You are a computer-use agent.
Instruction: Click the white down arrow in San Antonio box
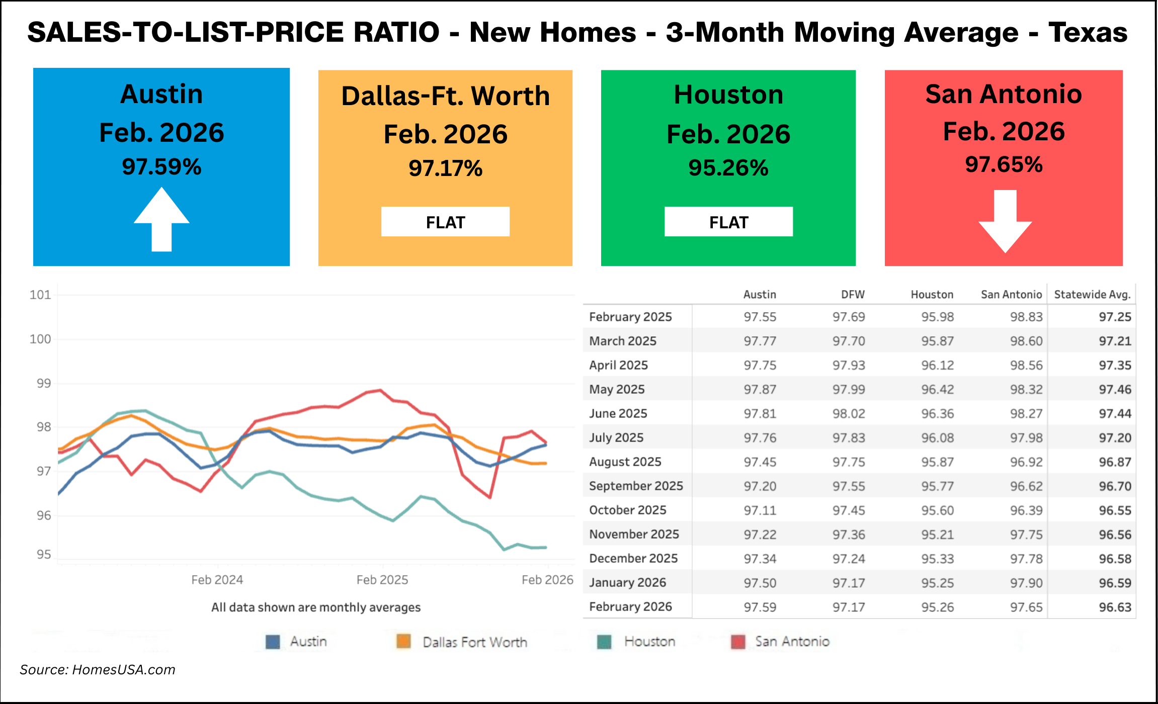(1005, 221)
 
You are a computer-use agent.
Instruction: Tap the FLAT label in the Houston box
(728, 222)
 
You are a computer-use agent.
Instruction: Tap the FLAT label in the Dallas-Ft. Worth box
(445, 222)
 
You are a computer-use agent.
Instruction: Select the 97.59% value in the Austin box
(161, 167)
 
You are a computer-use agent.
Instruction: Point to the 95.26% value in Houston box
(728, 168)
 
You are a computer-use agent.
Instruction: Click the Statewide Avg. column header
(1092, 295)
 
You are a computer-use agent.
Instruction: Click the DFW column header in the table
(853, 295)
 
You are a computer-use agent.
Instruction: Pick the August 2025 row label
(625, 462)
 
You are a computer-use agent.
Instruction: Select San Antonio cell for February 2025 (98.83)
(1026, 317)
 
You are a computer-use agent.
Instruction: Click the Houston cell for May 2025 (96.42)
(937, 389)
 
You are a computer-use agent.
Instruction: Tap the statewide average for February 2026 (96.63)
(1115, 607)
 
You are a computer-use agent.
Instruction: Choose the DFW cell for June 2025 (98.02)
(849, 413)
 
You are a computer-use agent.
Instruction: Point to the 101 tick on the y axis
(40, 295)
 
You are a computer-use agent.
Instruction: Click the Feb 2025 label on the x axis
(382, 580)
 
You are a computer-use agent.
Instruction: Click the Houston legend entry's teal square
(604, 642)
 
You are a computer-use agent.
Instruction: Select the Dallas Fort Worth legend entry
(474, 642)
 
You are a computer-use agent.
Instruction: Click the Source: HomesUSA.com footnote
(98, 670)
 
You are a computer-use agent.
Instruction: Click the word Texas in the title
(1088, 32)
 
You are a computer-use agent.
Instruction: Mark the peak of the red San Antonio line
(380, 390)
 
